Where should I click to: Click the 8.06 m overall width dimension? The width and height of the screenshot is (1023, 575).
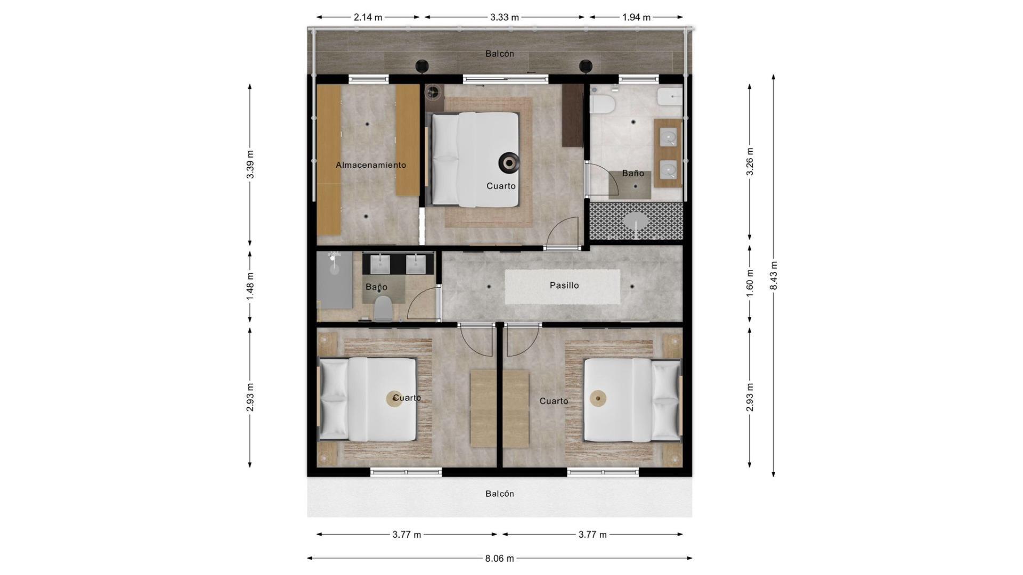pos(499,558)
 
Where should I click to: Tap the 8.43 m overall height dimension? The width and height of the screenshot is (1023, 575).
pos(774,276)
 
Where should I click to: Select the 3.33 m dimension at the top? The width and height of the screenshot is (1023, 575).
pos(504,17)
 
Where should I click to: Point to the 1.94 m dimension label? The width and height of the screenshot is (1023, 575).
pos(636,17)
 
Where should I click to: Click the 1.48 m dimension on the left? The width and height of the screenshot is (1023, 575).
pos(250,286)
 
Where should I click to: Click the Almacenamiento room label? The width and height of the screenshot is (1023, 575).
pos(371,165)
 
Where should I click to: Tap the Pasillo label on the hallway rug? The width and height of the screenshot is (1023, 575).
pos(564,285)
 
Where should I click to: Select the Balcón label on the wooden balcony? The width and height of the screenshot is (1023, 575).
pos(500,54)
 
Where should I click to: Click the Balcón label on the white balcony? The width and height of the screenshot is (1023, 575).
pos(500,494)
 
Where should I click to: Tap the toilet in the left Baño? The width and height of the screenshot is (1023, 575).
pos(383,308)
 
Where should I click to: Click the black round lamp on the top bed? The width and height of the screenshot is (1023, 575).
pos(508,162)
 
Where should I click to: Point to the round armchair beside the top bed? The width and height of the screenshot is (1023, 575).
pos(434,93)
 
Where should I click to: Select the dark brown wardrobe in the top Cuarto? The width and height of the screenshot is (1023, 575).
pos(573,115)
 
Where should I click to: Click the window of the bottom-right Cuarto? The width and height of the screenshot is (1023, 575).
pos(603,472)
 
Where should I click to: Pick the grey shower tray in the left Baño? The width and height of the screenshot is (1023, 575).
pos(335,280)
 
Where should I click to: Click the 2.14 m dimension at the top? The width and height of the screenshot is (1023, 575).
pos(368,17)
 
